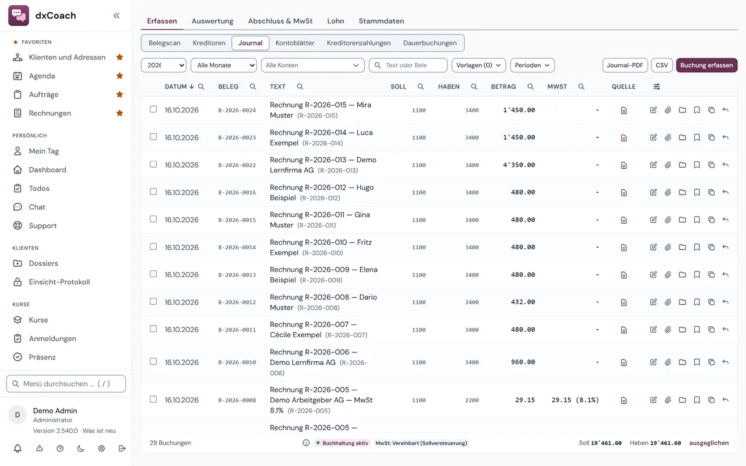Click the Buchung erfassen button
point(706,65)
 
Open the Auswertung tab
point(212,21)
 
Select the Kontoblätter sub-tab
point(295,43)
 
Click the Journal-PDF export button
point(625,65)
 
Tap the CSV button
point(661,65)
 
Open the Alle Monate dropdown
point(223,65)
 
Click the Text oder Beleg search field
point(408,65)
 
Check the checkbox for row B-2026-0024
point(153,109)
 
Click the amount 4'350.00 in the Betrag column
point(519,165)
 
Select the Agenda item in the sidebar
point(42,76)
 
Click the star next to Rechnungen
point(119,113)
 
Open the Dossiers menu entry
point(43,263)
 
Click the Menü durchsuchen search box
point(66,384)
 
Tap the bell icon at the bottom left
point(17,449)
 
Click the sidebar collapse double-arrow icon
point(116,16)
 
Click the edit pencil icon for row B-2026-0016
point(653,192)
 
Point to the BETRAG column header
point(503,87)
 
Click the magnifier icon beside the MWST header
point(581,87)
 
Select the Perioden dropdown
point(532,65)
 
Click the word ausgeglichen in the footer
point(709,443)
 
